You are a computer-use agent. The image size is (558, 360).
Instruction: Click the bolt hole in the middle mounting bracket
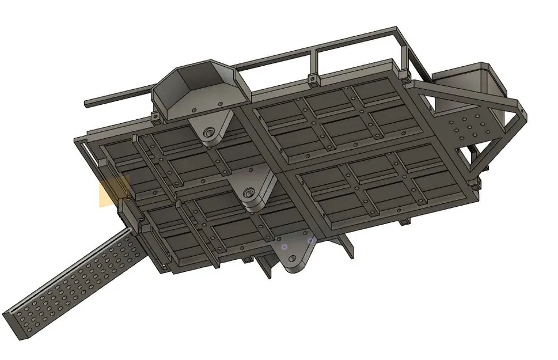(x=249, y=192)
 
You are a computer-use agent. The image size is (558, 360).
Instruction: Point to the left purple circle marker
(x=284, y=247)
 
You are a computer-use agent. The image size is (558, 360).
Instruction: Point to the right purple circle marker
(x=310, y=240)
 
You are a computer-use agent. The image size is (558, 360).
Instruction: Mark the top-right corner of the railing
(x=396, y=29)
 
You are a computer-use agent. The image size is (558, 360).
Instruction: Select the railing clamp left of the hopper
(x=155, y=118)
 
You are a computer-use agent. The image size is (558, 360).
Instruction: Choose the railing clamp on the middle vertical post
(x=313, y=78)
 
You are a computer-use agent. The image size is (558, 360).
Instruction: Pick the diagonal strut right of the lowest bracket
(x=348, y=246)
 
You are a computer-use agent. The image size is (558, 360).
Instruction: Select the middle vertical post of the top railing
(x=314, y=62)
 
